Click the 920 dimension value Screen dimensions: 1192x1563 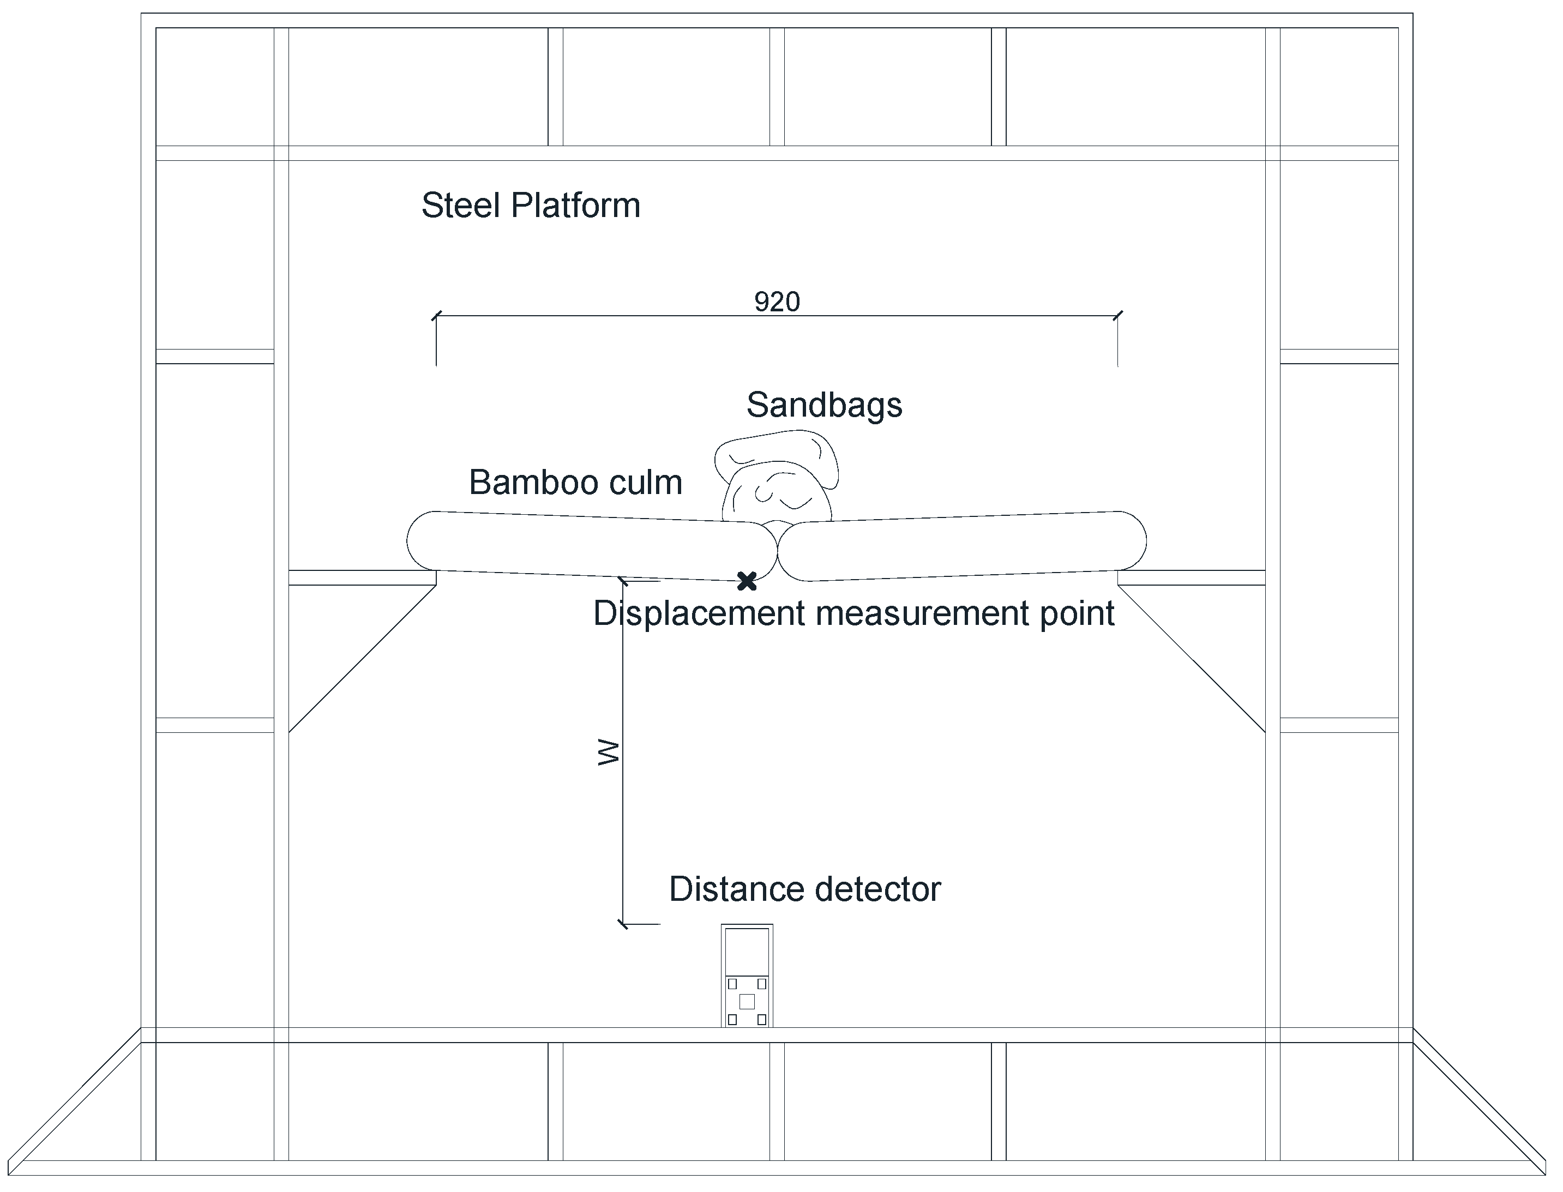[x=777, y=302]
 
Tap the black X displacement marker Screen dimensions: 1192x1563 [x=747, y=581]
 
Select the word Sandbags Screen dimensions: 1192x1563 [x=823, y=405]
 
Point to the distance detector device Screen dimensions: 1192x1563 [x=747, y=975]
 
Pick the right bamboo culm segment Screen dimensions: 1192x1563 [x=961, y=546]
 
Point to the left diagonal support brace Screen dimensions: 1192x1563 [x=362, y=659]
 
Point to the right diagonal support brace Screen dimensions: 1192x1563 [x=1192, y=659]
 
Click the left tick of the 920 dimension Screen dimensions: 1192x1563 [x=436, y=316]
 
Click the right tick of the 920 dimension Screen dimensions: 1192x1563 [x=1118, y=316]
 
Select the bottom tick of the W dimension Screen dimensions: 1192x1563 [x=623, y=924]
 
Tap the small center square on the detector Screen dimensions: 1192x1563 [x=747, y=1001]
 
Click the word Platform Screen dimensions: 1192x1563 [x=575, y=206]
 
